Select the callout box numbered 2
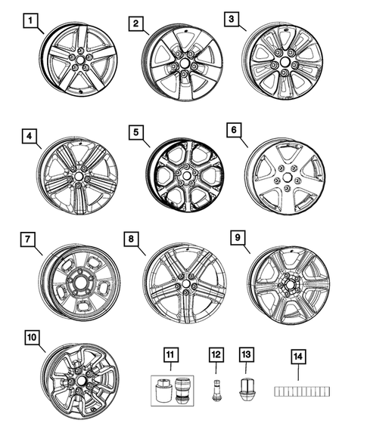[135, 24]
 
